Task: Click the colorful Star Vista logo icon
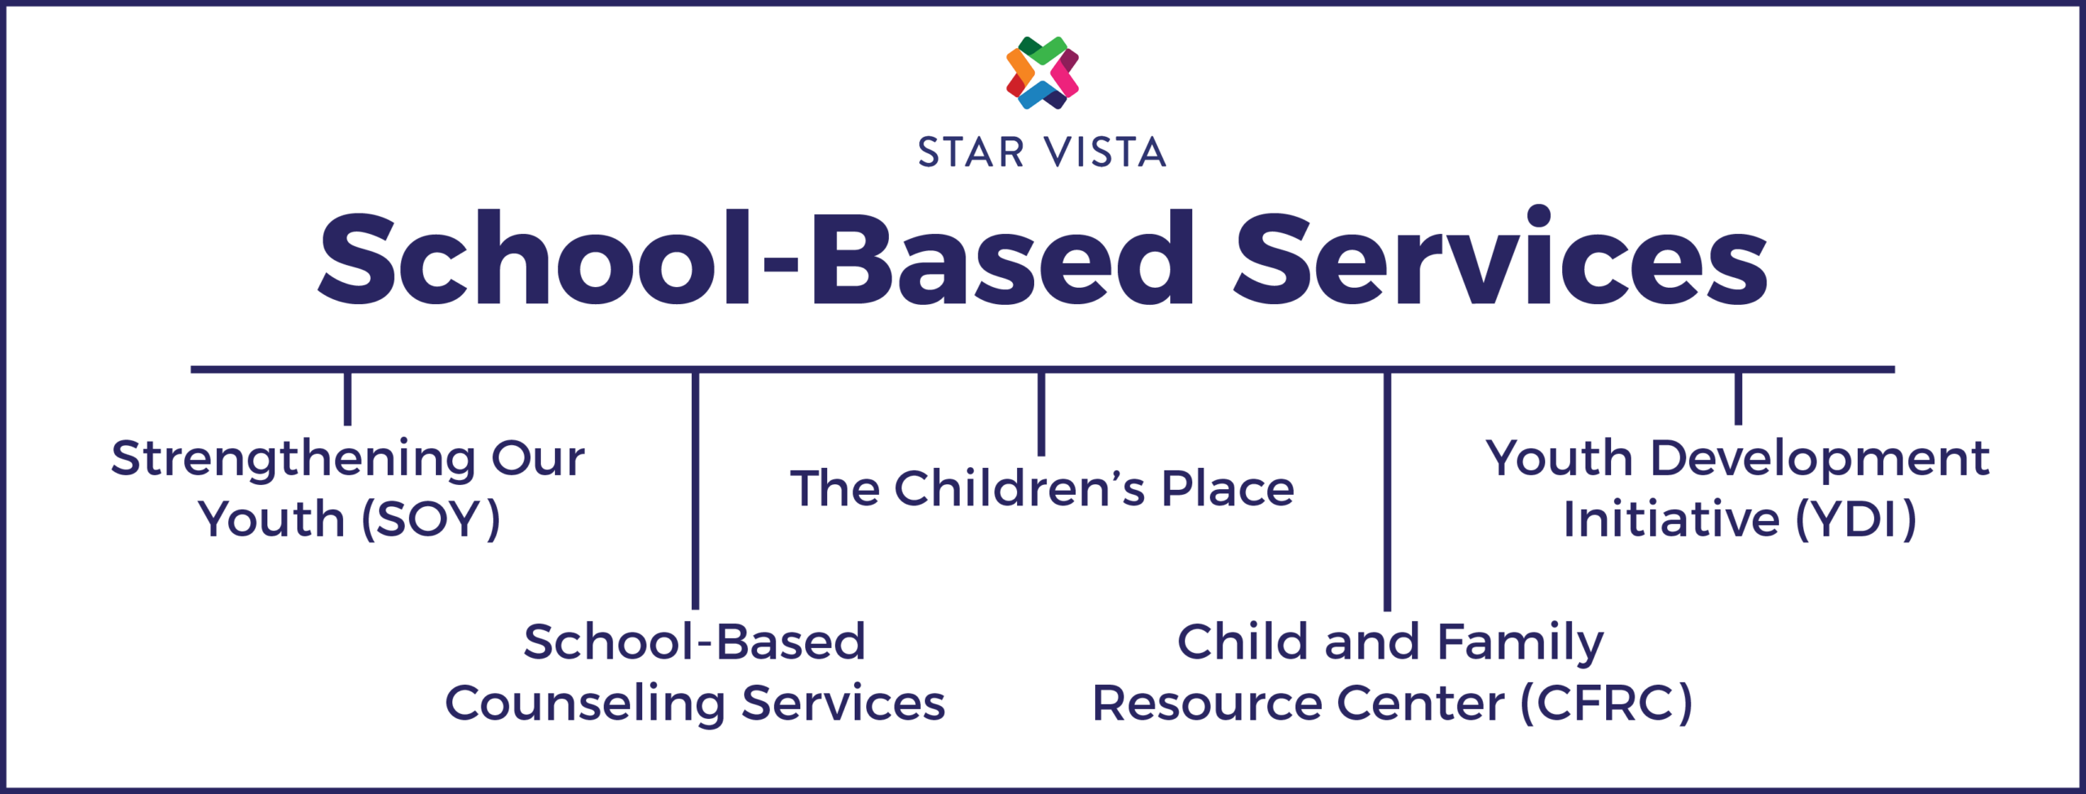(1042, 73)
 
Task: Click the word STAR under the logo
(971, 153)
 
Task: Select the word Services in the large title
(1501, 258)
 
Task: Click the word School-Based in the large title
(756, 258)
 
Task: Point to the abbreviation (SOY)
(430, 519)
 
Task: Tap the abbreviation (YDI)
(1856, 519)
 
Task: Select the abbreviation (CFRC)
(1607, 704)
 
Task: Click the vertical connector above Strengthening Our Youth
(348, 399)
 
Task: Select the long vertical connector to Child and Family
(1387, 492)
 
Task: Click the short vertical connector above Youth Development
(1738, 399)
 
